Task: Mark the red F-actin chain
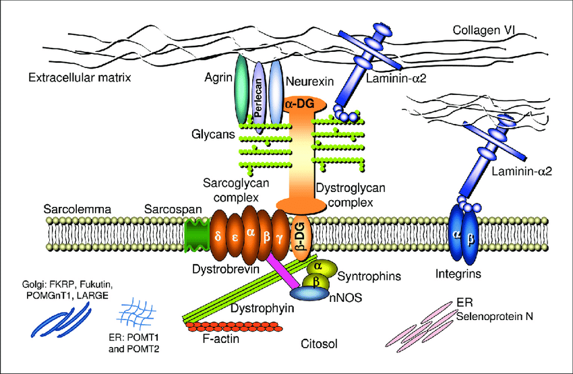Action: click(x=233, y=328)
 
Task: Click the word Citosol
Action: click(x=319, y=344)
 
